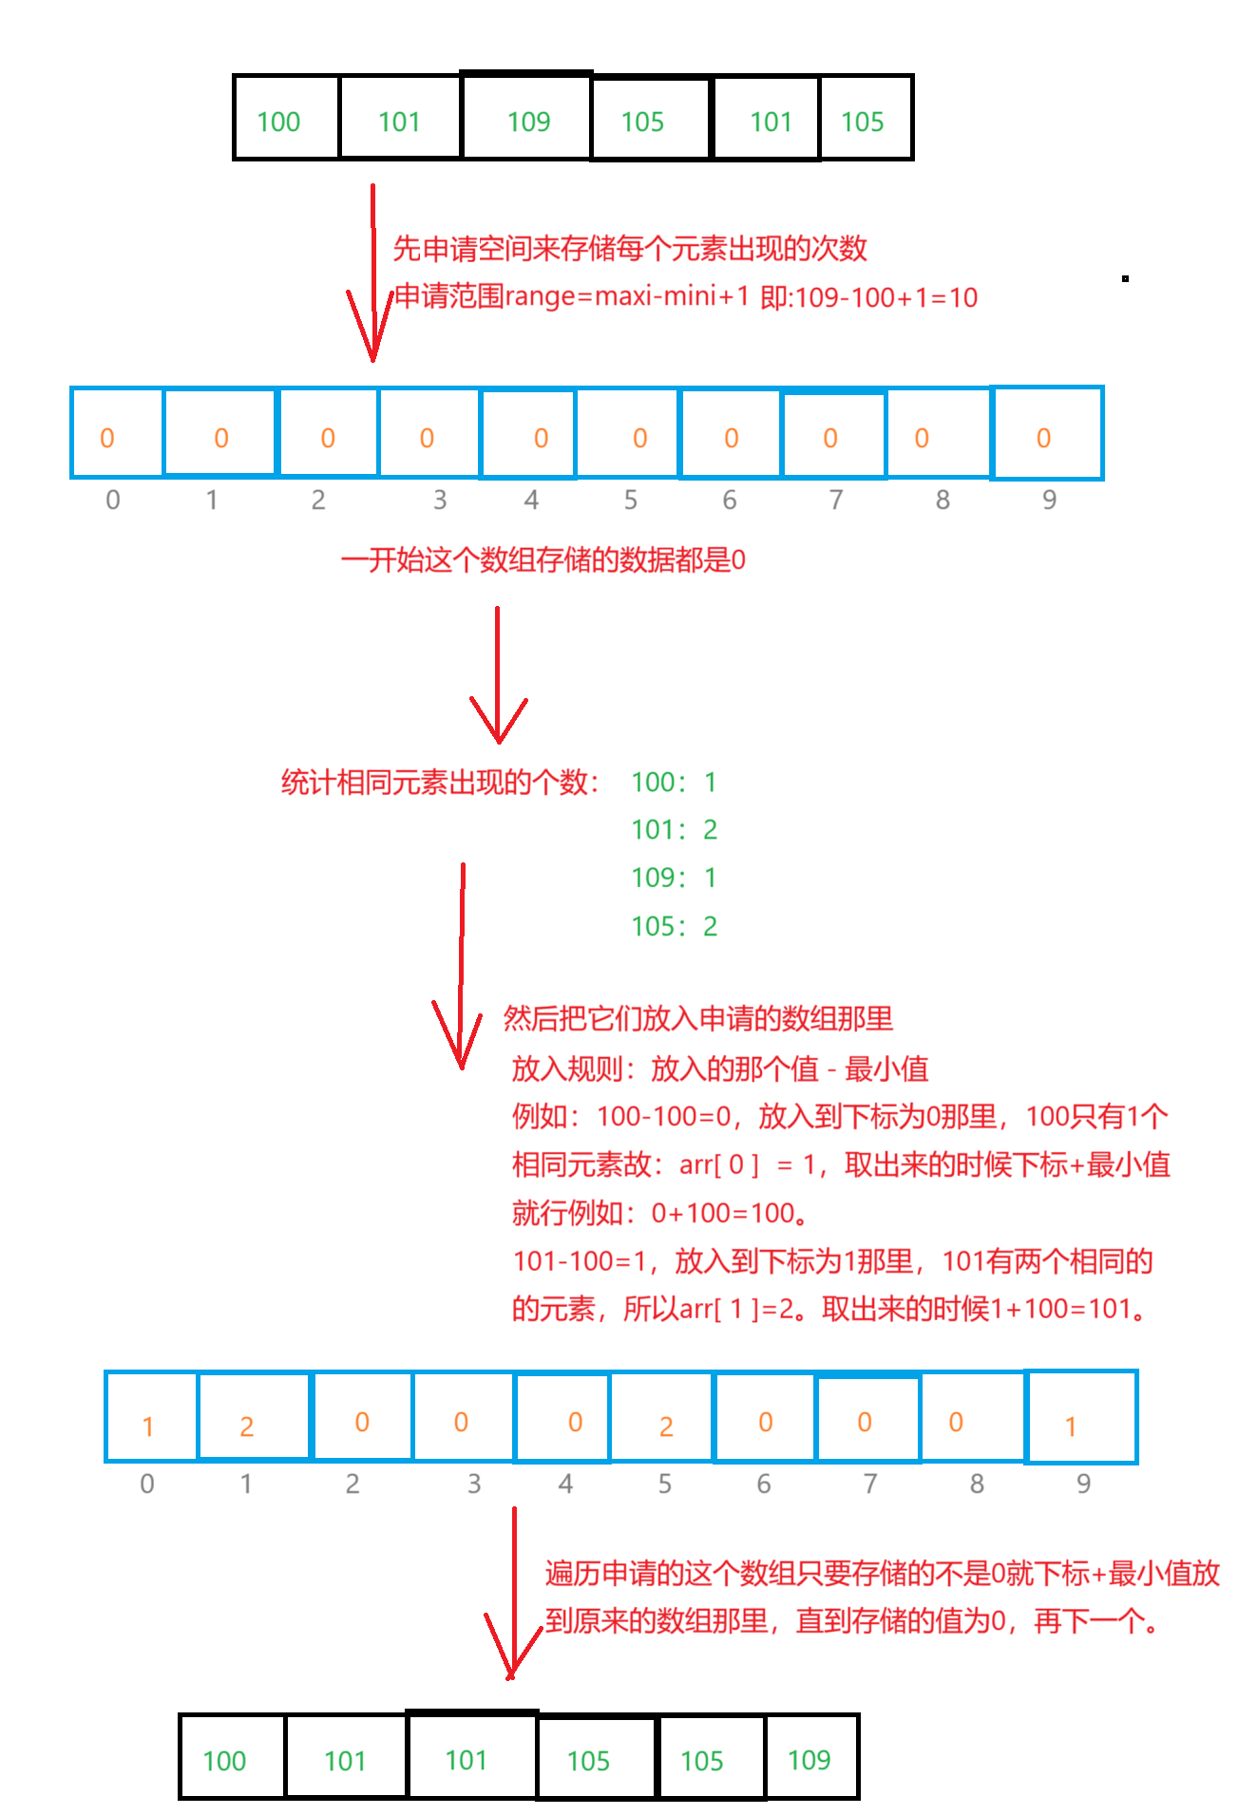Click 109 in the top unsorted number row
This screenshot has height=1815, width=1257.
[529, 123]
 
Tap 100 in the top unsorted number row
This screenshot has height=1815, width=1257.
[278, 123]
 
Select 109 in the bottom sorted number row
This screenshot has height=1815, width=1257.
[809, 1761]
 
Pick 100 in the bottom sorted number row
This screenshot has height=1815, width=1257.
[224, 1762]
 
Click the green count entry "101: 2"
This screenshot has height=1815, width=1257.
[675, 830]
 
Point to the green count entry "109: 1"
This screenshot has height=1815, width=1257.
[674, 879]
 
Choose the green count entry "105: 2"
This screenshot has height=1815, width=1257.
[675, 927]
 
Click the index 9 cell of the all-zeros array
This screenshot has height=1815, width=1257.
[1047, 434]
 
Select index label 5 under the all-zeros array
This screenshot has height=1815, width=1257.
[631, 501]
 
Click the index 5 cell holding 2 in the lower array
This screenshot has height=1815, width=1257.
[662, 1418]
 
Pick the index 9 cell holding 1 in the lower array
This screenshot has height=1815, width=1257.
[1082, 1418]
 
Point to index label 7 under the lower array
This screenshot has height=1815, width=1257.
[870, 1484]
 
